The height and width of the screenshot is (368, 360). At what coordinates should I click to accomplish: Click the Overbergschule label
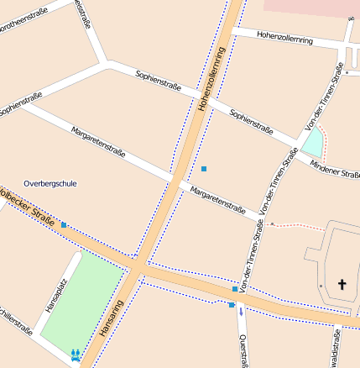50,182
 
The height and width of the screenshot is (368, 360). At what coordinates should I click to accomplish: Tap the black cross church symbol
342,286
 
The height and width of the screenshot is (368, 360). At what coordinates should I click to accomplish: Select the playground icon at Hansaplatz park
76,355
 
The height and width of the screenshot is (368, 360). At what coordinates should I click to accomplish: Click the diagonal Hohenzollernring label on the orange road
213,80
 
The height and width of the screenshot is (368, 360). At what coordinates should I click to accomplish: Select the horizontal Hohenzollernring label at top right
285,39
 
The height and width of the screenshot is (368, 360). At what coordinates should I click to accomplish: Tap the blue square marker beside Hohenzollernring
203,169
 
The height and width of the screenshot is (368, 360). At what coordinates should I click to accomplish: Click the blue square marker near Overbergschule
64,225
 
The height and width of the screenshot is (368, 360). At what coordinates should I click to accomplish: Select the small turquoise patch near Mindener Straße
313,143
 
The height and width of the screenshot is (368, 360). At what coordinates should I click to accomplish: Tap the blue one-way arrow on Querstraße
241,312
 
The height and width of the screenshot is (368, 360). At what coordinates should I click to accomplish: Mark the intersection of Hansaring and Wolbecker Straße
136,267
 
